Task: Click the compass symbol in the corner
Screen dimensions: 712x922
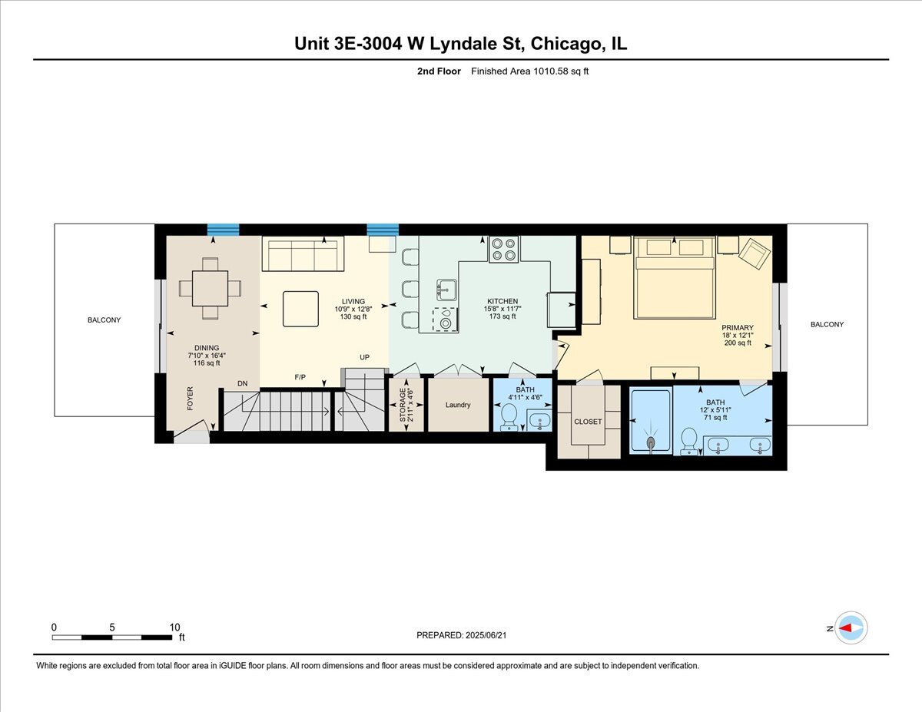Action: pos(851,628)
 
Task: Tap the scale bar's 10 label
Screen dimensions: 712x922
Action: pos(174,627)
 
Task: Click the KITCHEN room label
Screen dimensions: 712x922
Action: pos(502,301)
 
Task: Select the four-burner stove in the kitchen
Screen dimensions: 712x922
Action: pos(504,250)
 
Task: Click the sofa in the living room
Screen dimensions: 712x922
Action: pos(303,254)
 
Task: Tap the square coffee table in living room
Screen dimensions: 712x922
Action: pos(300,309)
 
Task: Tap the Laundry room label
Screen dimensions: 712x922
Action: pos(458,405)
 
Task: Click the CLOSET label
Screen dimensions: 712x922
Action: pos(588,422)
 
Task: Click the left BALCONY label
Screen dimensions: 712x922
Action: pos(104,320)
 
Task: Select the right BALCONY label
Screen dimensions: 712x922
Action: pos(827,324)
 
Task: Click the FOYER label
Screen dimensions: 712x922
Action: pos(190,399)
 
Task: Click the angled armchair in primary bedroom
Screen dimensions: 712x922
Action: pos(754,253)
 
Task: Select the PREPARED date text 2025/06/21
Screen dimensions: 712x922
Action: pos(487,635)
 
